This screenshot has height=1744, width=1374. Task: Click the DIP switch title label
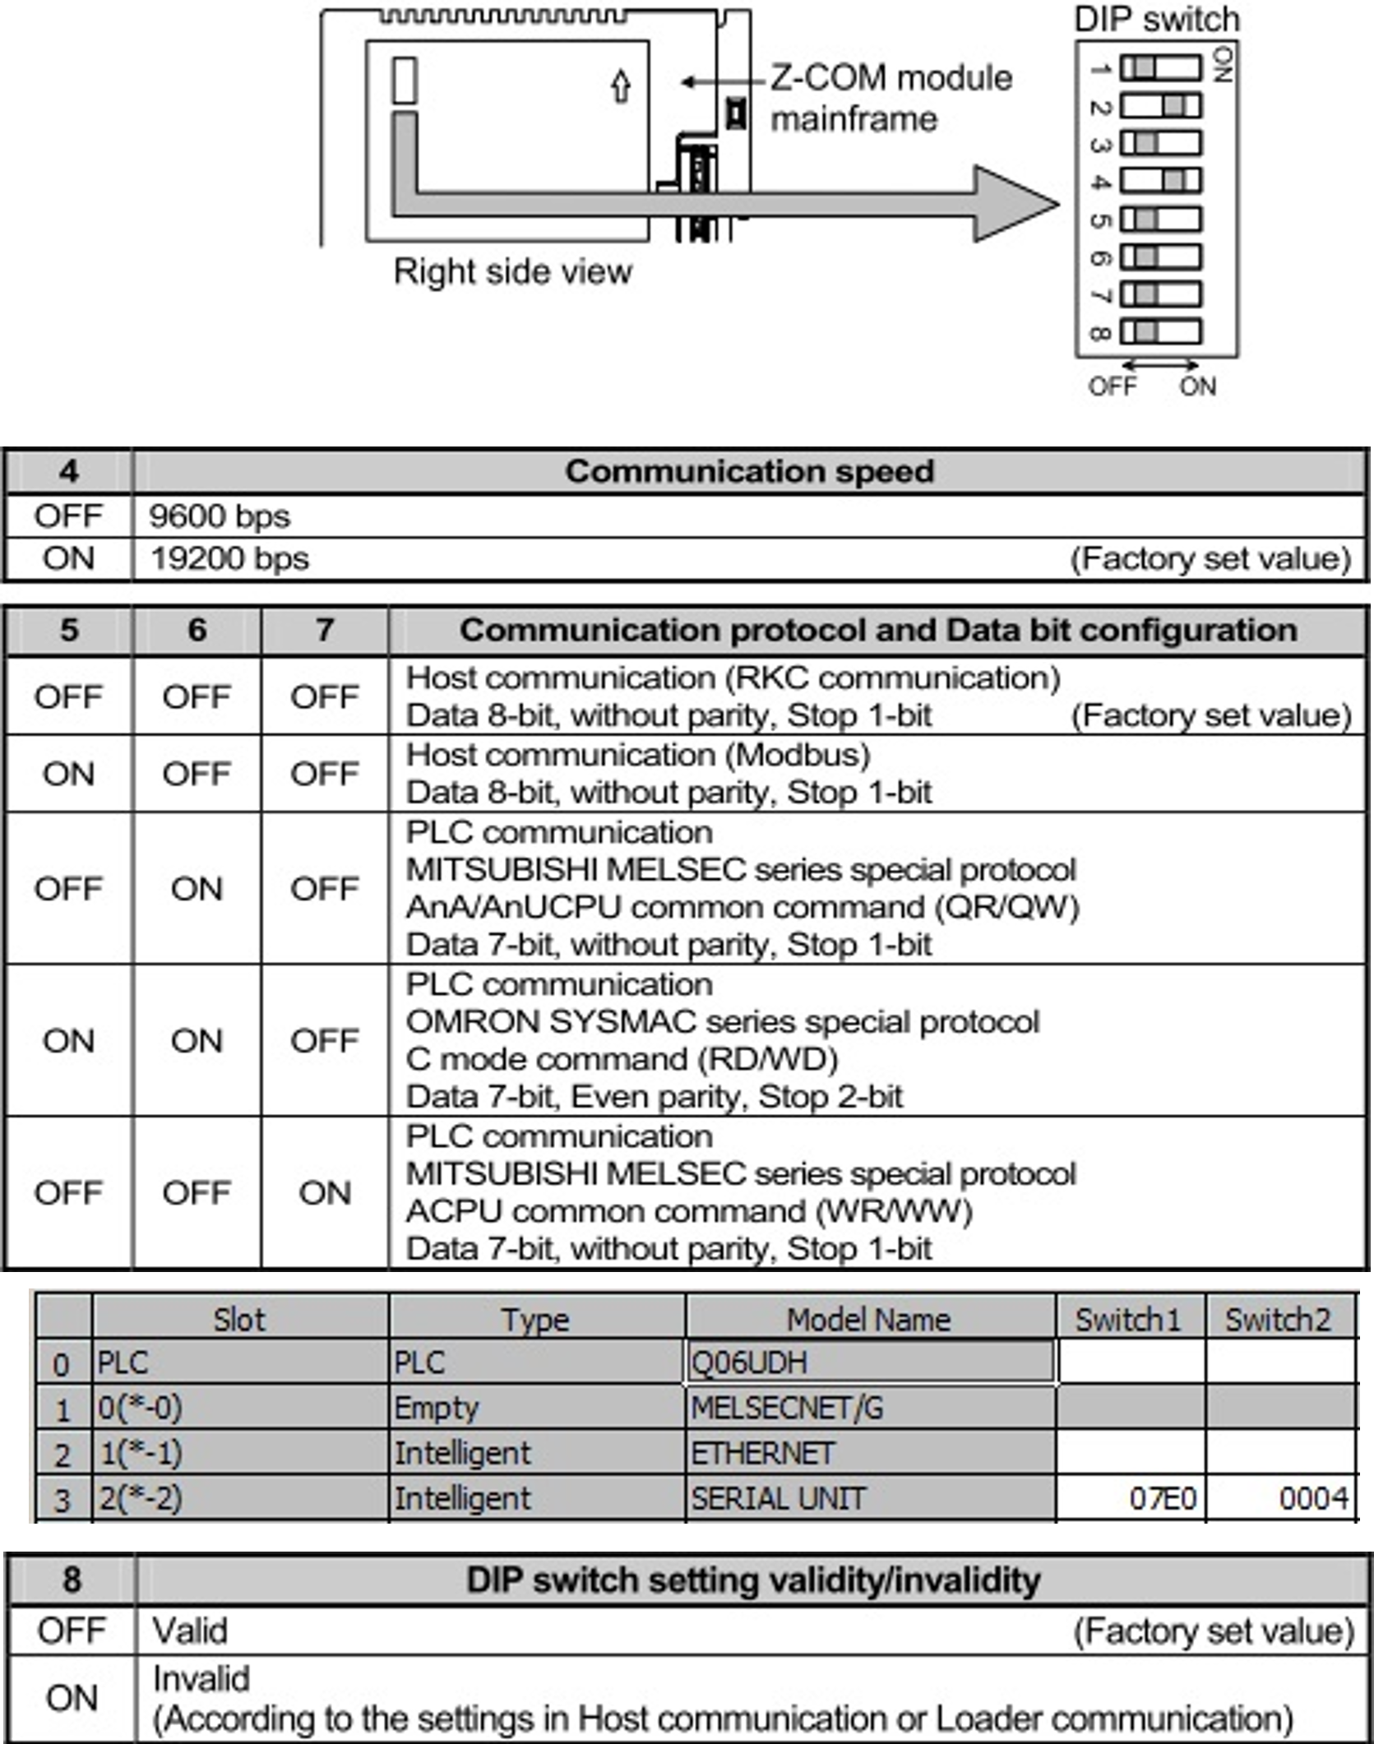(1157, 19)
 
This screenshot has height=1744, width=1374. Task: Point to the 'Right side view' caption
(513, 271)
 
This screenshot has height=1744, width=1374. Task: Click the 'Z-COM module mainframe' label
(891, 98)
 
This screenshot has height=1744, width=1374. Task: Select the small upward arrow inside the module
(622, 86)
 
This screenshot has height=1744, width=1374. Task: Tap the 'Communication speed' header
(749, 471)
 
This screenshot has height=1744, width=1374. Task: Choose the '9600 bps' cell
(220, 516)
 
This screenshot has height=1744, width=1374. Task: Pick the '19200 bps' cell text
(229, 558)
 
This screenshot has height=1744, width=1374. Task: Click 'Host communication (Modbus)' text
(638, 755)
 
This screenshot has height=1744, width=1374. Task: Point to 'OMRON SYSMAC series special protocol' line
(723, 1021)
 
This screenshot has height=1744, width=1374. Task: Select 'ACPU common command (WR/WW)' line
(689, 1211)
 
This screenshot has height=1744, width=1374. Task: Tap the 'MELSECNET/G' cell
(787, 1409)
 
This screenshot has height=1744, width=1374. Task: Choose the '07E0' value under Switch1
(1162, 1498)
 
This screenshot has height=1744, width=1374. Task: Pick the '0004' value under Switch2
(1313, 1498)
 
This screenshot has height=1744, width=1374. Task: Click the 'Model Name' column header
(869, 1320)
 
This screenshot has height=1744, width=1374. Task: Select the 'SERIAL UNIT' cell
(778, 1498)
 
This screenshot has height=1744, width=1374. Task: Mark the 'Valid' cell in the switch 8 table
(190, 1631)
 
